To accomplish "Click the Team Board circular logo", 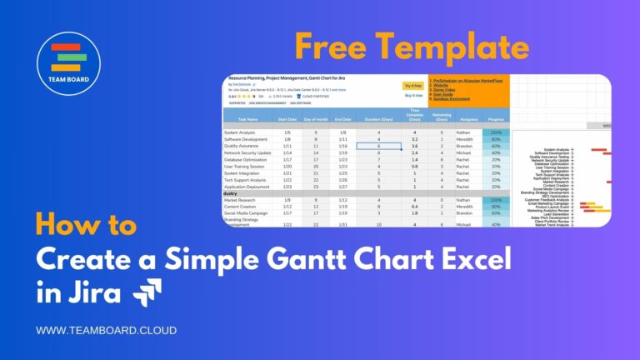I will coord(69,64).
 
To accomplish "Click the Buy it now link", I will coord(412,96).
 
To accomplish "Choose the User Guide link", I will coord(442,94).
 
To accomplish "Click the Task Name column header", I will coord(249,119).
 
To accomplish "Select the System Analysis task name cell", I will coord(241,132).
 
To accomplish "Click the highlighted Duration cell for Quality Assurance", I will coord(378,146).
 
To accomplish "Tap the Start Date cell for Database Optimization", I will coord(287,159).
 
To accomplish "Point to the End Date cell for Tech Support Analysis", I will coord(342,179).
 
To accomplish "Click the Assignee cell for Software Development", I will coord(466,139).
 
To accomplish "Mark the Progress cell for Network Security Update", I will coord(496,152).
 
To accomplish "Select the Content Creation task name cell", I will coord(241,207).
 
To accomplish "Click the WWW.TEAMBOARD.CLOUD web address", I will coord(106,331).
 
